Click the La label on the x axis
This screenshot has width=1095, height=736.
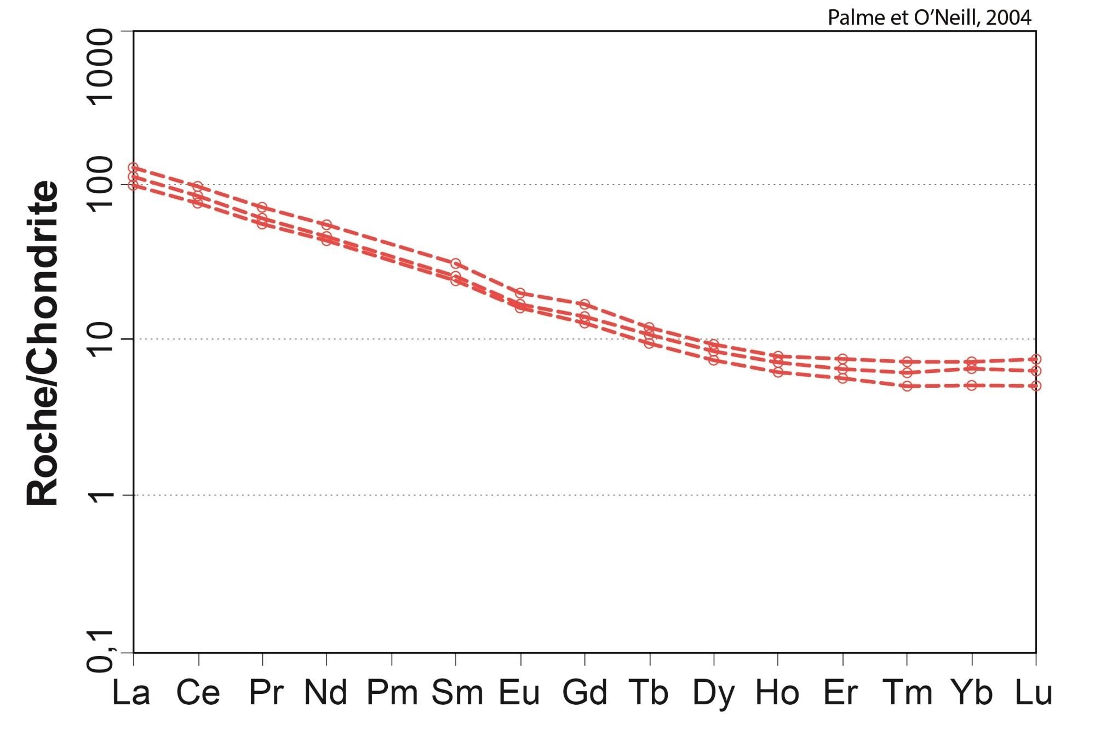[x=131, y=692]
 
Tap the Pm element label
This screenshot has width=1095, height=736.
[x=392, y=692]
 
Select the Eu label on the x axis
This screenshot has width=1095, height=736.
[x=519, y=692]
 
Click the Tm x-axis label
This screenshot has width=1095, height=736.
[x=908, y=692]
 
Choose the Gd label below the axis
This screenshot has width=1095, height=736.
[x=584, y=692]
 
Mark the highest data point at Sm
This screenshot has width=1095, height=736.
[x=456, y=264]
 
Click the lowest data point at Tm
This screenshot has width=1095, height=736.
[x=907, y=386]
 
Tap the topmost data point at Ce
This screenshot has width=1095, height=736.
[x=198, y=187]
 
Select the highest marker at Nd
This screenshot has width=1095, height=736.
[x=326, y=225]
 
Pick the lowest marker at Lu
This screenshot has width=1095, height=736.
[x=1035, y=386]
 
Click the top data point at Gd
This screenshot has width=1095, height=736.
[x=584, y=304]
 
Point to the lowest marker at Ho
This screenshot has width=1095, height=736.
[x=778, y=372]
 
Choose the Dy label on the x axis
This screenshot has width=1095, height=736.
[x=713, y=692]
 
